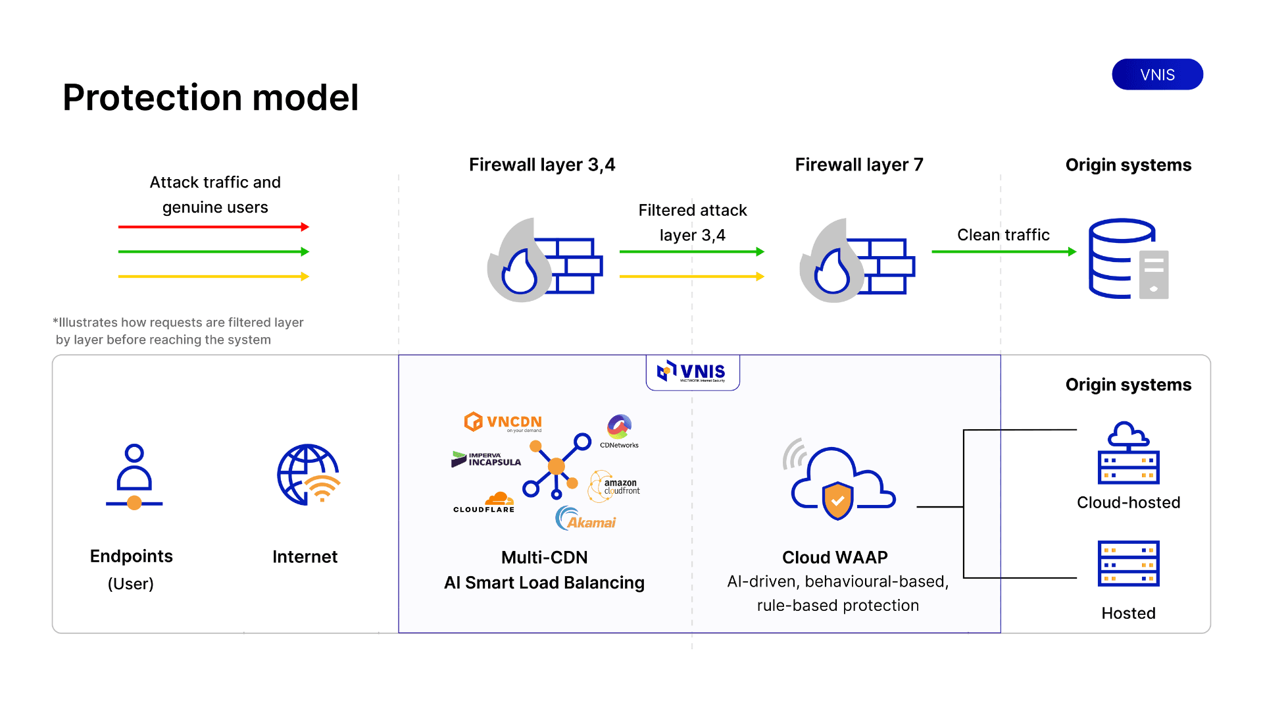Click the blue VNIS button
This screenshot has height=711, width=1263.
click(x=1157, y=74)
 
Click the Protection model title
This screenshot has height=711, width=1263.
click(x=210, y=97)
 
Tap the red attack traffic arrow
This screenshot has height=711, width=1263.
click(x=213, y=227)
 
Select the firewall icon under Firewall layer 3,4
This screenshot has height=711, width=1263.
click(x=544, y=261)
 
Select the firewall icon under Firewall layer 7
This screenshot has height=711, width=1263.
click(x=856, y=261)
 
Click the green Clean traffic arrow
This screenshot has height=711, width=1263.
click(x=1003, y=251)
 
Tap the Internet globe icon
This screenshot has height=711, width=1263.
click(x=308, y=475)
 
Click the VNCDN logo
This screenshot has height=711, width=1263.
click(x=503, y=422)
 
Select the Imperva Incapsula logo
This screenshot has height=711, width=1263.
click(x=486, y=459)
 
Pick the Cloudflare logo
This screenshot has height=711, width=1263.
click(x=485, y=502)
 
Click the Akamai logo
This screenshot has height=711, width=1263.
click(x=585, y=519)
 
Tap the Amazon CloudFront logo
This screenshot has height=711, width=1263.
click(x=614, y=487)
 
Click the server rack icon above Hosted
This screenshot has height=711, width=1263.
click(x=1128, y=564)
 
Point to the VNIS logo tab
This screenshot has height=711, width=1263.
click(x=693, y=372)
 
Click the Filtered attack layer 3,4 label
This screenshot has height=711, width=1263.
click(x=692, y=223)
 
